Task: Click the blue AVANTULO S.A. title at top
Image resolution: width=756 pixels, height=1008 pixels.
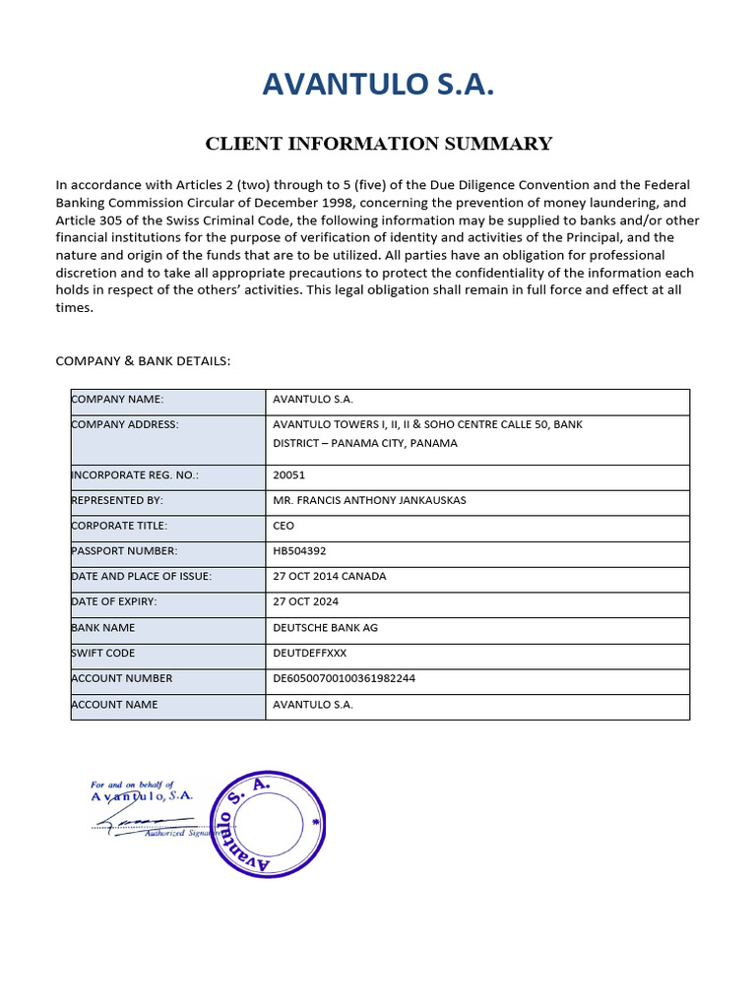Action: coord(378,86)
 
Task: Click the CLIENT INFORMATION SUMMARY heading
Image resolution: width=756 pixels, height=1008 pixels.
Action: coord(378,144)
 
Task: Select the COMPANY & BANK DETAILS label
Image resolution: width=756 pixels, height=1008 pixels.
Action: coord(143,360)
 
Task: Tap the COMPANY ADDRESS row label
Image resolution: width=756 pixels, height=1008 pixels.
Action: coord(124,424)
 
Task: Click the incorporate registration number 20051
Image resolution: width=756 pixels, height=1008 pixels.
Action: coord(287,474)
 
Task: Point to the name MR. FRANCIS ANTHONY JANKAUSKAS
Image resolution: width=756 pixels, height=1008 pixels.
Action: coord(369,500)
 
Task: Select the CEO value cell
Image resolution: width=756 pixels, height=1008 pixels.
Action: coord(283,526)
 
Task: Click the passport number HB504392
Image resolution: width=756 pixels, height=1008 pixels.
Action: coord(300,551)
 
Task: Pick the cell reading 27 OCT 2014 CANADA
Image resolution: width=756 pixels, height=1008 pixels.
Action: coord(329,576)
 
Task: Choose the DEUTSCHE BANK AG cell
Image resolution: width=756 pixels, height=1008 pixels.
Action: coord(325,627)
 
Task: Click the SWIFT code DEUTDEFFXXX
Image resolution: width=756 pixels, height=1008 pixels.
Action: coord(309,653)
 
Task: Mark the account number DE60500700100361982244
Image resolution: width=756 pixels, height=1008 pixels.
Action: coord(345,678)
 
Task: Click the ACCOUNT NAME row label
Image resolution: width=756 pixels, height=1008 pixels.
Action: coord(114,705)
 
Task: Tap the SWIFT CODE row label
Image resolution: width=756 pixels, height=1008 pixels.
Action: coord(103,653)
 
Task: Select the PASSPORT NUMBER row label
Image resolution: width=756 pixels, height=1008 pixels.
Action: coord(124,551)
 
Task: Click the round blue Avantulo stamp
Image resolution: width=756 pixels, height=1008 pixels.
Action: coord(267,824)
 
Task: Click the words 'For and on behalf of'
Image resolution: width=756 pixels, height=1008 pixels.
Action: coord(132,785)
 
